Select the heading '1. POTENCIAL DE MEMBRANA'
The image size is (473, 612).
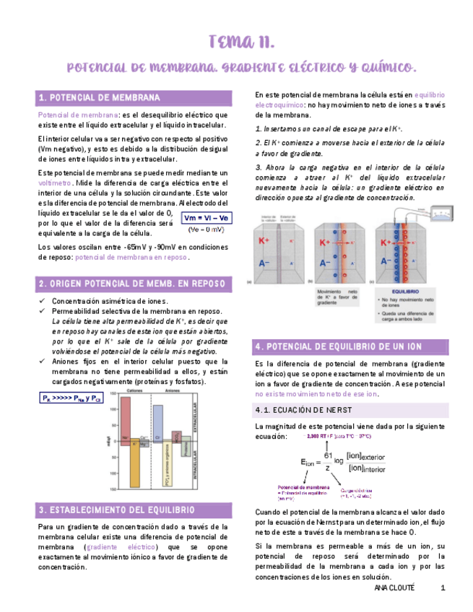99,97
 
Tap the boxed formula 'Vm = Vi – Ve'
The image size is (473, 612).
206,218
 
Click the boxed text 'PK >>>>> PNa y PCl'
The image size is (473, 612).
71,398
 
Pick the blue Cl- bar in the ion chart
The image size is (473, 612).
158,422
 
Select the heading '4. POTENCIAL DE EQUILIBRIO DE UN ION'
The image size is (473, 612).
338,346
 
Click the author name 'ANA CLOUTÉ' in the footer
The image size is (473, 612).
395,588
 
